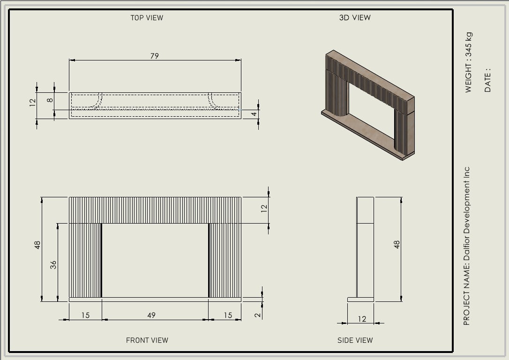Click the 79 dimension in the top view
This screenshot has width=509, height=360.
155,56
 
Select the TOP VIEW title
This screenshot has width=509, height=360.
147,18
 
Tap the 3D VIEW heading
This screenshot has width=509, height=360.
355,18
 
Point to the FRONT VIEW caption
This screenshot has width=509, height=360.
147,340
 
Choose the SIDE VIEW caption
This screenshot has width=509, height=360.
355,340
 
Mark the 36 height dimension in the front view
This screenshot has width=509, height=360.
53,265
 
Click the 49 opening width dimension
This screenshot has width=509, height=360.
151,315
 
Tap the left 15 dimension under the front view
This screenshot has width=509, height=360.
85,315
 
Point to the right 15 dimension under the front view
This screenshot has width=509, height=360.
227,315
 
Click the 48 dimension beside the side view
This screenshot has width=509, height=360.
397,244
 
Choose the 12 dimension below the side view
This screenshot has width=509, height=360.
362,319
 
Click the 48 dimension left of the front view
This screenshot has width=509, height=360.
37,245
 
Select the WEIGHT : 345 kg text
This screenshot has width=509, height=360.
469,62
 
